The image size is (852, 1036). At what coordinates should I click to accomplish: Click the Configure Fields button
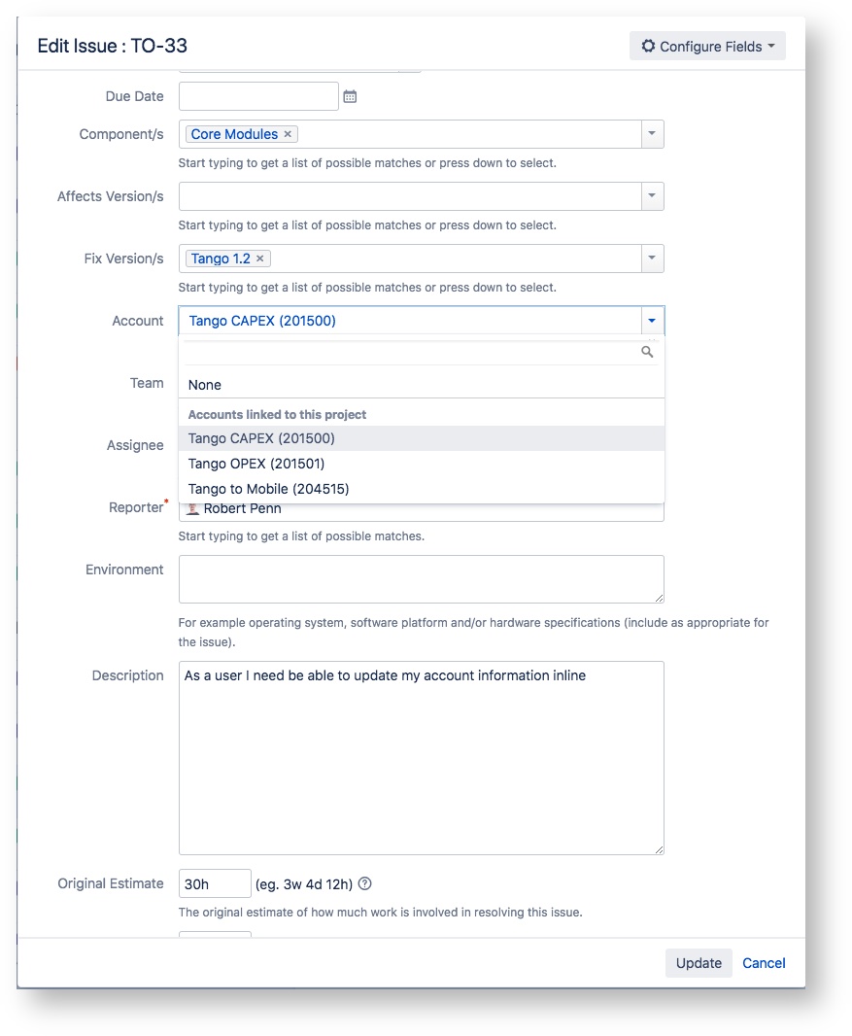[x=707, y=46]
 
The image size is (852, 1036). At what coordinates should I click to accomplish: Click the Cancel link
[x=764, y=963]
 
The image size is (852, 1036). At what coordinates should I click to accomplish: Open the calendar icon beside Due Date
[x=351, y=96]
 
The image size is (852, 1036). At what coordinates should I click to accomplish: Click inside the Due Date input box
[x=258, y=96]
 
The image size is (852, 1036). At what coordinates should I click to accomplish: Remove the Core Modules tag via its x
[x=288, y=134]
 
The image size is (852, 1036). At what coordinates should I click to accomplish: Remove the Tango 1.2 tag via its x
[x=260, y=259]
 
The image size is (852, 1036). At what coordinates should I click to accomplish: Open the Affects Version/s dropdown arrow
[x=652, y=196]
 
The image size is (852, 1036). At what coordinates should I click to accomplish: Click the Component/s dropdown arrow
[x=652, y=134]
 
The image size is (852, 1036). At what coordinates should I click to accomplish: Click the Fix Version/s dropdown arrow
[x=652, y=259]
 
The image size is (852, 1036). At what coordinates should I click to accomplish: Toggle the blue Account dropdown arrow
[x=652, y=321]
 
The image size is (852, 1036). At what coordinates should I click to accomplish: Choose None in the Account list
[x=205, y=385]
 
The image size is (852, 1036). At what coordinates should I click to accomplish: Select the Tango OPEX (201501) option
[x=256, y=464]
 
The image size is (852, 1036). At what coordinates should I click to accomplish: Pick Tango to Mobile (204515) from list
[x=268, y=489]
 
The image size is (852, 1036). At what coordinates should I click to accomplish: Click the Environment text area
[x=421, y=579]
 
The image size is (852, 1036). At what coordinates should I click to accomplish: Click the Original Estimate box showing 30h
[x=215, y=883]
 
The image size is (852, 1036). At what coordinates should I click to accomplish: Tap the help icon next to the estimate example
[x=365, y=883]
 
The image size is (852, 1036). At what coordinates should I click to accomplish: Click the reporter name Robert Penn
[x=242, y=508]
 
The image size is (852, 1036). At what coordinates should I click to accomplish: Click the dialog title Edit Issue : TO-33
[x=112, y=46]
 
